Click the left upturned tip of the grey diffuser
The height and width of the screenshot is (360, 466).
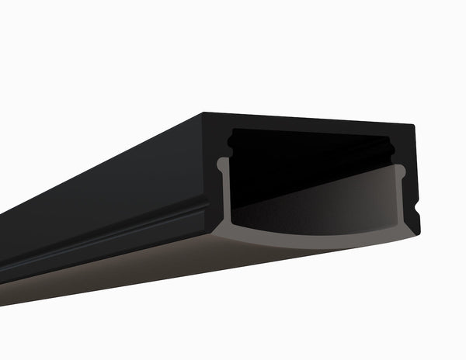tap(223, 163)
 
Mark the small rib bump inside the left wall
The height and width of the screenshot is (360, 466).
tap(231, 142)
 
